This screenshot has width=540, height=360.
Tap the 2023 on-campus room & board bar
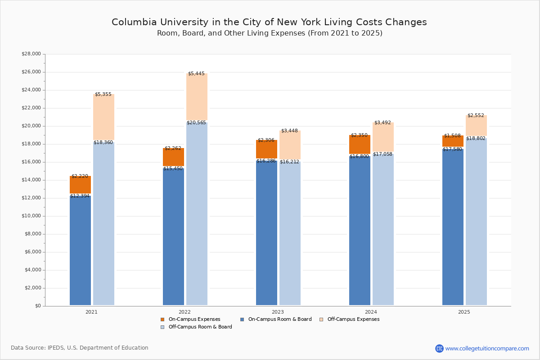tap(266, 234)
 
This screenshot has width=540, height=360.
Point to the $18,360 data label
tap(103, 143)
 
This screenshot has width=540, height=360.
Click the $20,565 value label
tap(196, 123)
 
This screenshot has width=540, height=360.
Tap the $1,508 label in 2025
tap(452, 136)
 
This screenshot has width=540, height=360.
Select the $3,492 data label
tap(382, 123)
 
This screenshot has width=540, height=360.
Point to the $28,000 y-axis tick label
tap(31, 54)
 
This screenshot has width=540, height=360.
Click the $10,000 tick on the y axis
tap(31, 216)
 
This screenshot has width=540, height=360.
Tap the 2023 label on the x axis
tap(278, 312)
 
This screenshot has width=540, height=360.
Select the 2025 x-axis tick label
tap(464, 312)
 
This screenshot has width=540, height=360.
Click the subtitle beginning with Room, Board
tap(270, 33)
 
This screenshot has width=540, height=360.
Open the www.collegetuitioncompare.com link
tap(487, 348)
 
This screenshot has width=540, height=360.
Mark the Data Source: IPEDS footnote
tap(80, 348)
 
